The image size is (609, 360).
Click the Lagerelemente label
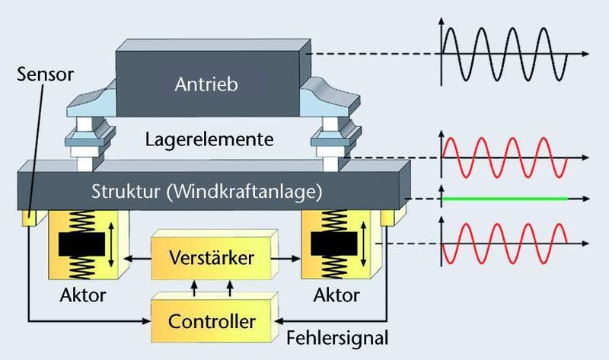(x=209, y=140)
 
